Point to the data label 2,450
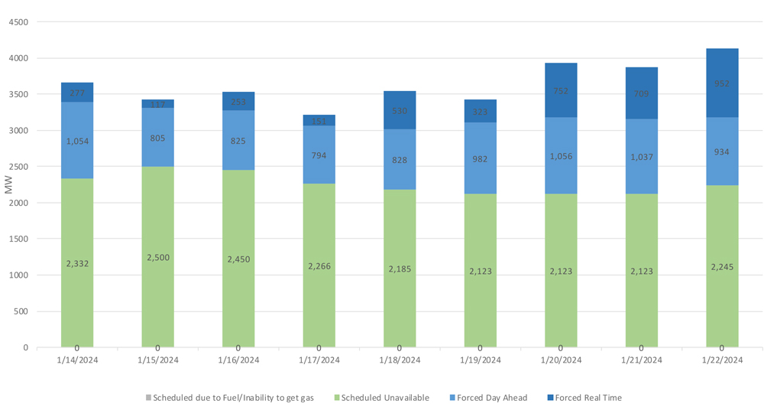pyautogui.click(x=238, y=259)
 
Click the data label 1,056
pyautogui.click(x=561, y=156)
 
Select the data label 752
pyautogui.click(x=561, y=91)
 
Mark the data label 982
pyautogui.click(x=480, y=159)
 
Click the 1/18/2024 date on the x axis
pyautogui.click(x=400, y=360)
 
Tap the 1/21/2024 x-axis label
pyautogui.click(x=641, y=360)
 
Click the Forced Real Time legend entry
pyautogui.click(x=584, y=398)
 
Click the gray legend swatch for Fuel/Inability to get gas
pyautogui.click(x=148, y=398)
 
